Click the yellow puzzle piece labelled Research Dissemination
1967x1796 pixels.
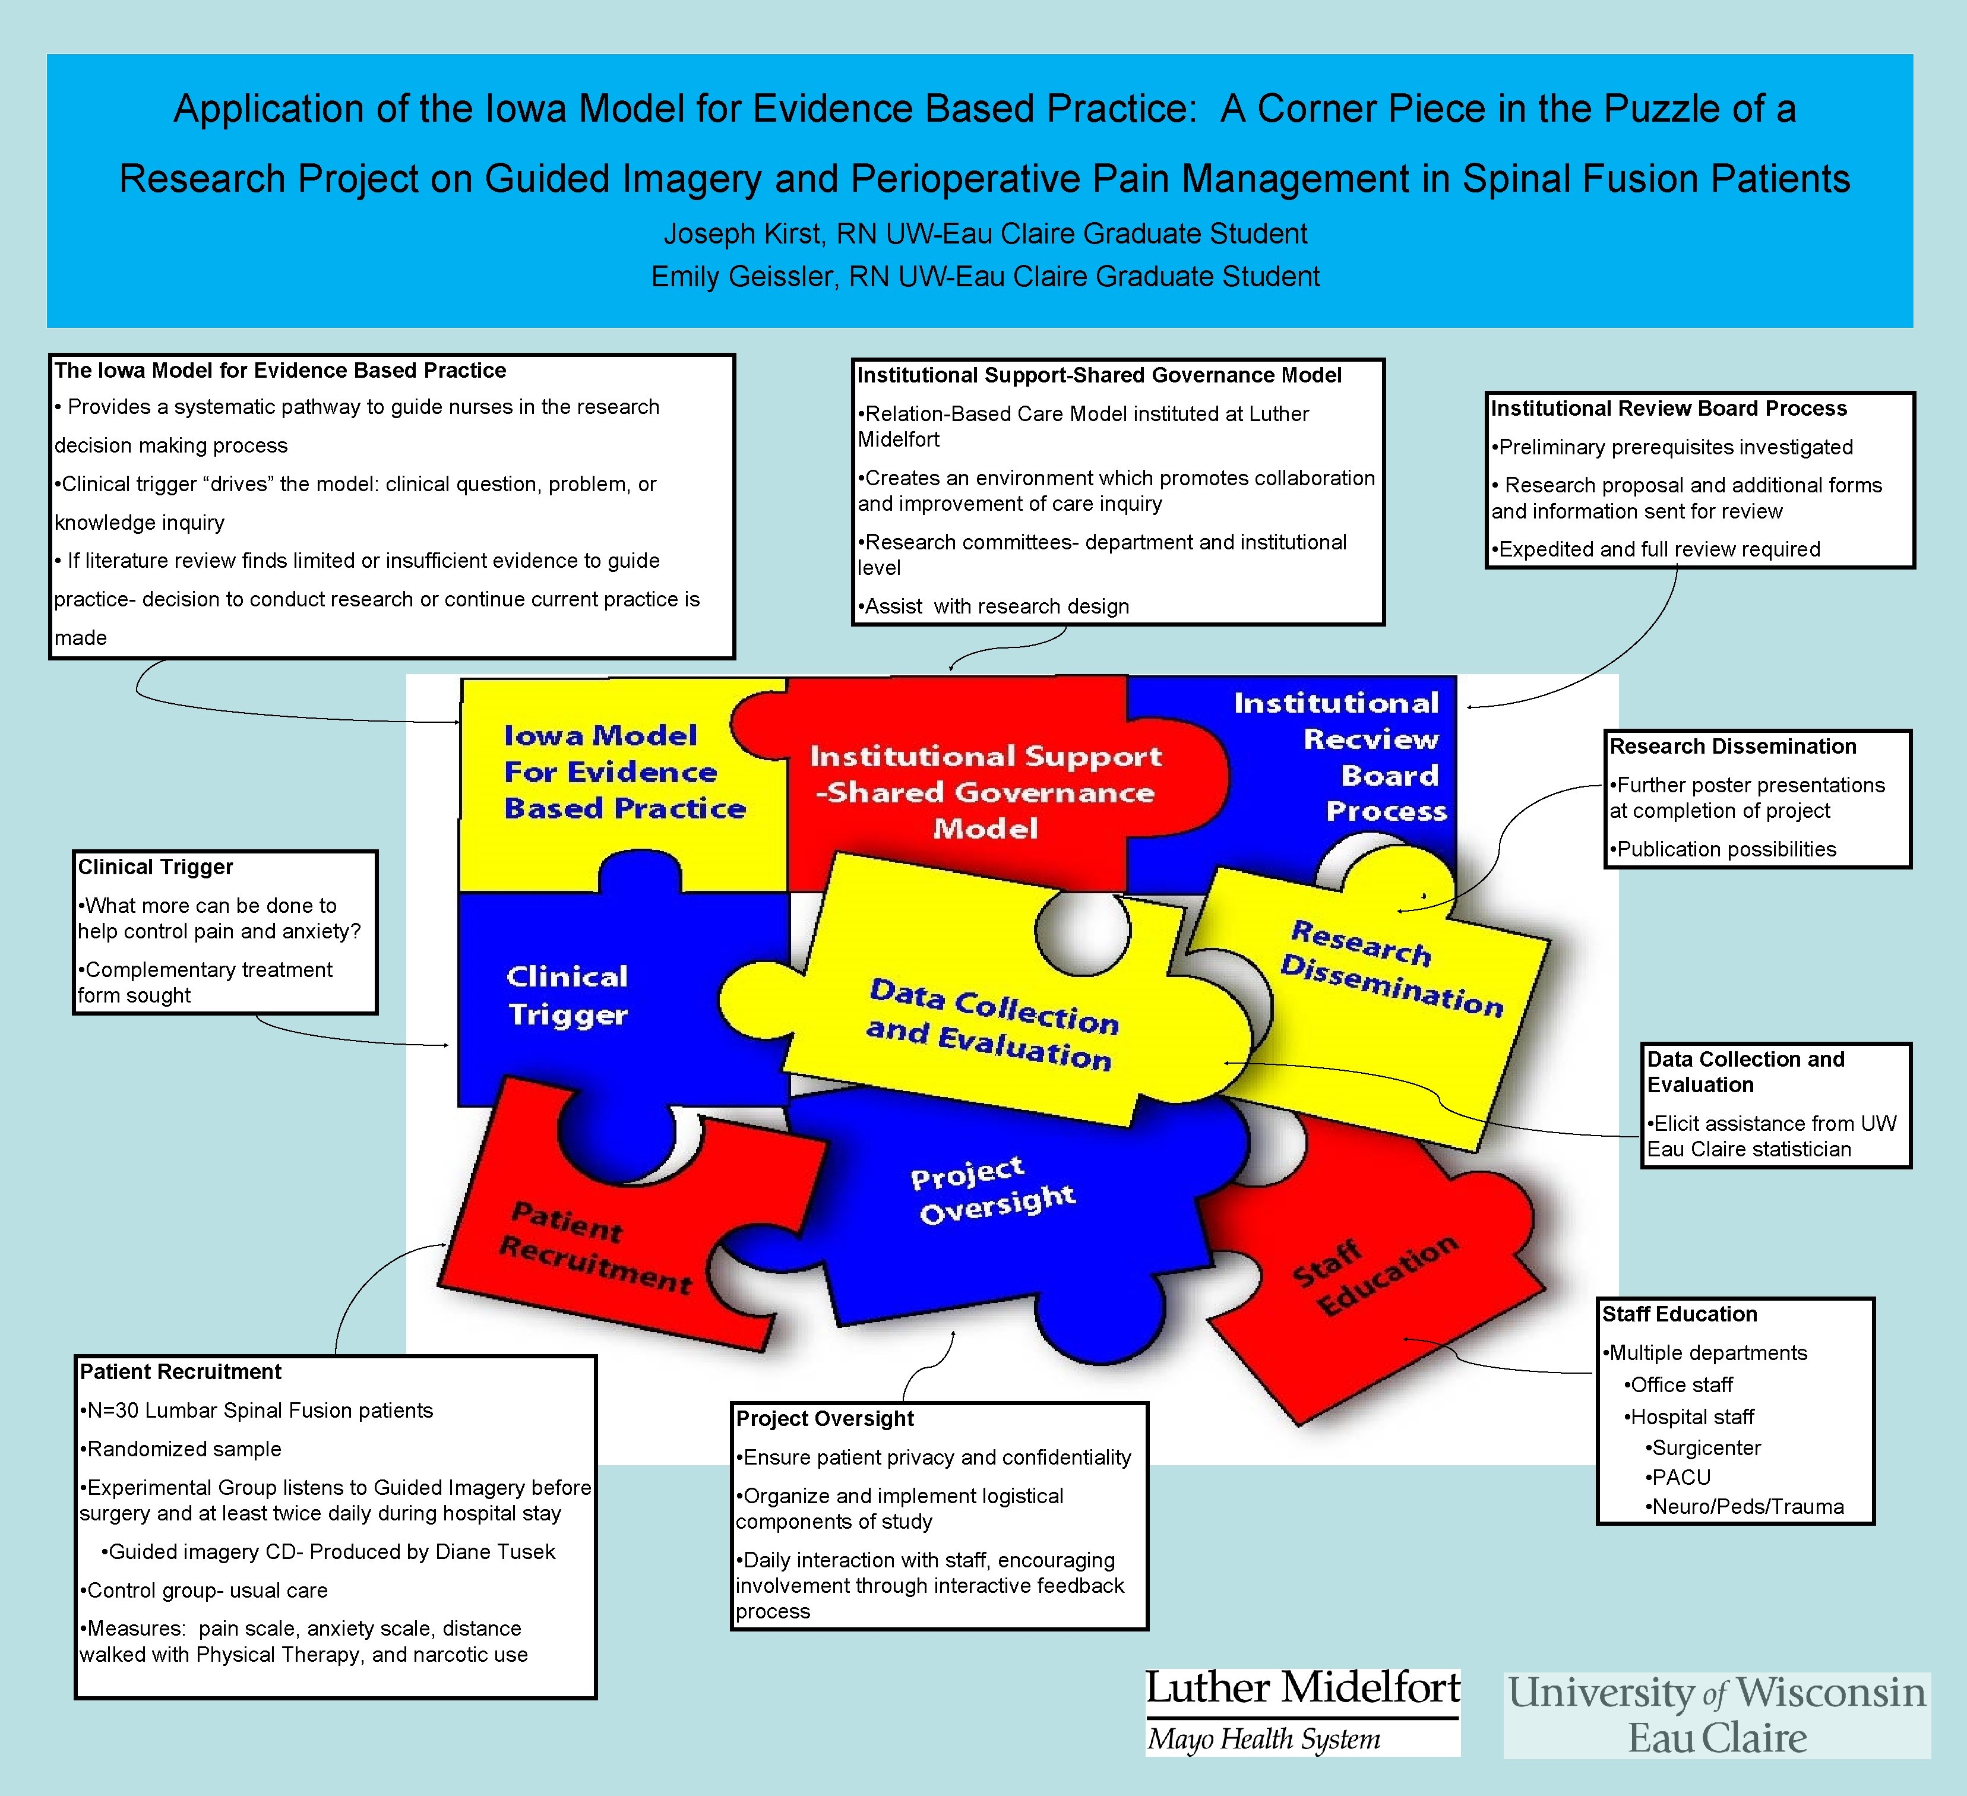point(1392,969)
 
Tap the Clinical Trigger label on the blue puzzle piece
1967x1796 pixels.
point(568,995)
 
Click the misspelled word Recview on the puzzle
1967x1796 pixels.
point(1370,739)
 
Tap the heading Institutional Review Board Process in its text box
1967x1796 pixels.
point(1668,409)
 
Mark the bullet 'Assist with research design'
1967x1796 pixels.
point(995,607)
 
